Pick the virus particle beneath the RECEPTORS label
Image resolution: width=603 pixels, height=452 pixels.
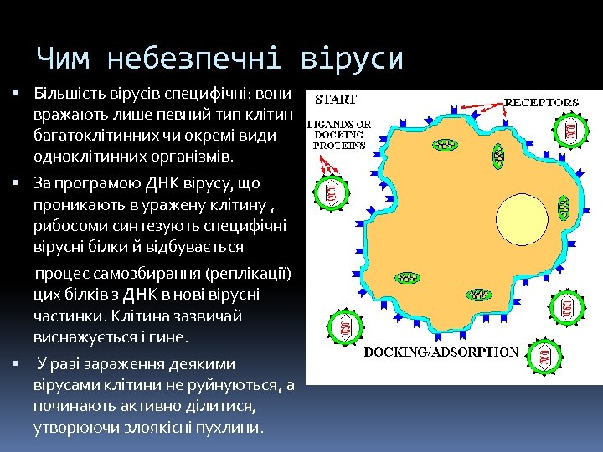pyautogui.click(x=569, y=130)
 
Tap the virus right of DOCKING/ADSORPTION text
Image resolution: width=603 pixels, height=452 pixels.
pyautogui.click(x=546, y=358)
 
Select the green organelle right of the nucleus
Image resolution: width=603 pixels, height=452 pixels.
pyautogui.click(x=564, y=203)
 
